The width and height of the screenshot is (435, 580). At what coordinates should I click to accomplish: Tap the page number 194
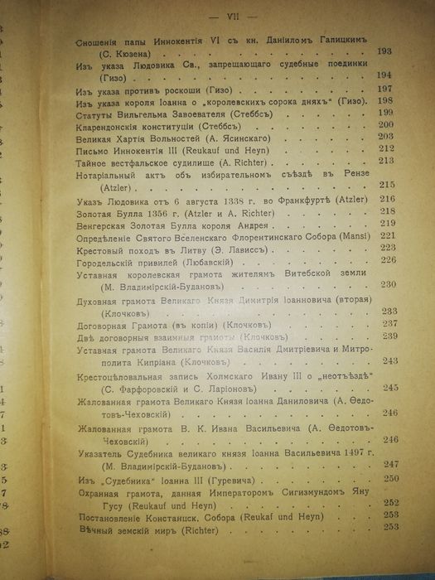tap(408, 75)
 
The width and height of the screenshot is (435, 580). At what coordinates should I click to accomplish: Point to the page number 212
tap(408, 149)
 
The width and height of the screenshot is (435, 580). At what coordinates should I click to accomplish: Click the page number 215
tap(407, 185)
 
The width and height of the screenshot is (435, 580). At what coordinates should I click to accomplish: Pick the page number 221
tap(407, 234)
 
